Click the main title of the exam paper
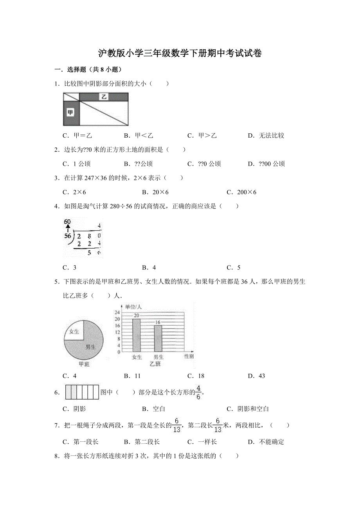(x=180, y=54)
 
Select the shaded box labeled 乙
(x=104, y=97)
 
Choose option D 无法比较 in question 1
(x=266, y=136)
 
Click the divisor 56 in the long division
(x=68, y=236)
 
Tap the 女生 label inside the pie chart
(x=74, y=332)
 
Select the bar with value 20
(x=136, y=335)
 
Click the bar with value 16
(x=158, y=339)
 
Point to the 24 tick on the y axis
(x=117, y=312)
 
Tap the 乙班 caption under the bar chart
(x=155, y=364)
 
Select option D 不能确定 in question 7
(x=266, y=442)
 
